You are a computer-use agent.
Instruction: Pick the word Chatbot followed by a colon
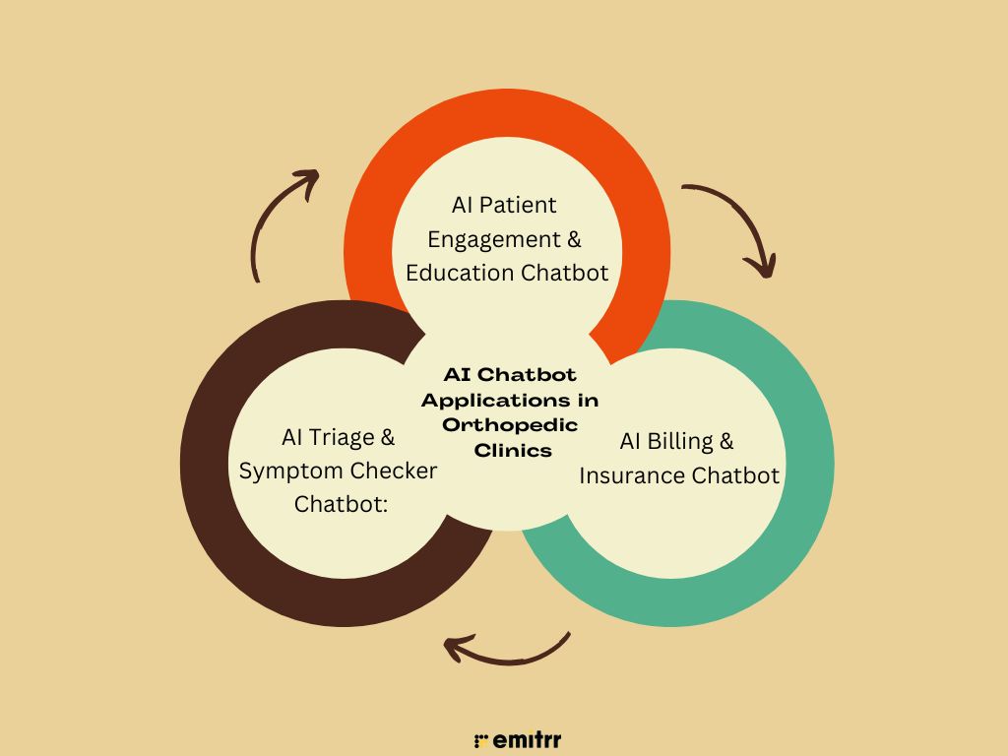tap(338, 504)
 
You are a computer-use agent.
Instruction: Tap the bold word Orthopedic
tap(509, 424)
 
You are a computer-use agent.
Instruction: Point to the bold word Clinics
tap(509, 449)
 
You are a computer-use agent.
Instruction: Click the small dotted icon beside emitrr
tap(481, 740)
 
